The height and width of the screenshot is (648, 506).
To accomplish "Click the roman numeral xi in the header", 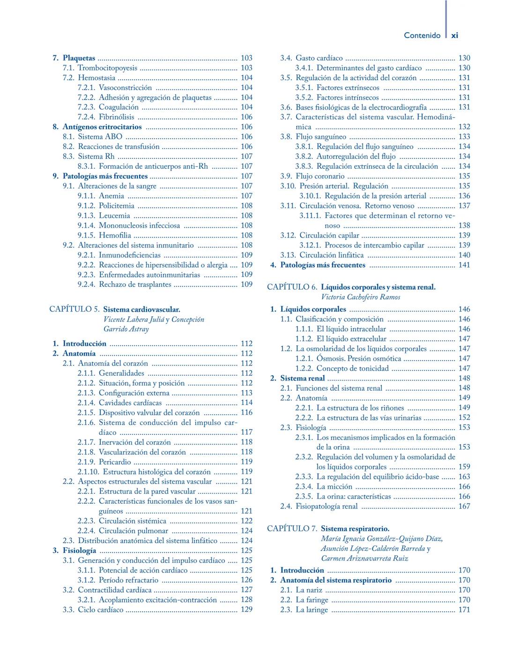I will coord(454,35).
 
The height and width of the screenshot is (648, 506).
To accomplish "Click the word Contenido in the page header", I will coord(422,35).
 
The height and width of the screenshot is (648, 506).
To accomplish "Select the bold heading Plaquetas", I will coord(79,58).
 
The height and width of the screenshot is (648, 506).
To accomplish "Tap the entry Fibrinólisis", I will coord(116,117).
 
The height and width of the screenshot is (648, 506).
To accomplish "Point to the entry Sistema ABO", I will coord(100,137).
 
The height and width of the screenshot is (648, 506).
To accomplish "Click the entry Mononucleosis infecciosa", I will coord(139,225).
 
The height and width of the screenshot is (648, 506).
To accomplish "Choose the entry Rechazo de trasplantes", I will coord(135,284).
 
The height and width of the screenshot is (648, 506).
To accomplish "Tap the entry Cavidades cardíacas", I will coord(130,403).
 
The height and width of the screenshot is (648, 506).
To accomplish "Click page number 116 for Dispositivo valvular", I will coord(246,413).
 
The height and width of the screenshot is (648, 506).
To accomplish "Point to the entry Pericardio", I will coord(115,462).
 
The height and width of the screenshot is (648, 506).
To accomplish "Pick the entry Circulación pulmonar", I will coord(134,531).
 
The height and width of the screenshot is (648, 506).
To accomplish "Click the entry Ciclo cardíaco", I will coord(101,610).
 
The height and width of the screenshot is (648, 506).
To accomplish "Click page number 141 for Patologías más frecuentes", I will coord(464,265).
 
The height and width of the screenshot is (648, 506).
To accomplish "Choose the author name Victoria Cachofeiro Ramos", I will coord(360,297).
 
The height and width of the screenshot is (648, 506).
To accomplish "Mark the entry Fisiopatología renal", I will coord(327,506).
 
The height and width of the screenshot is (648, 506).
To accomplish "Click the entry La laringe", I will coord(312,610).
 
